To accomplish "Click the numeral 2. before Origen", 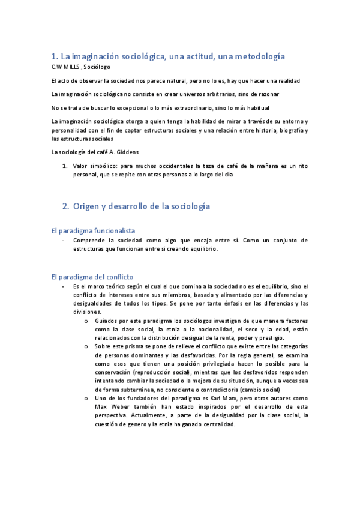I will tap(66, 206).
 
